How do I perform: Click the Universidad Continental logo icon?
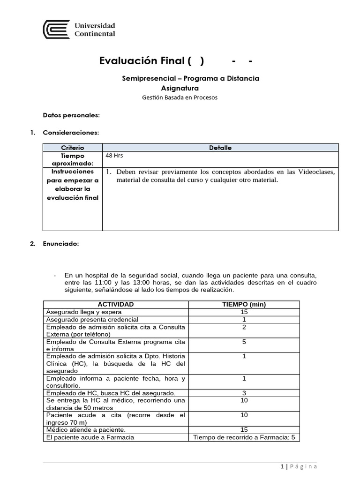56,30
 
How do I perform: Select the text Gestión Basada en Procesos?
180,97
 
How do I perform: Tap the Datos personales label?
71,115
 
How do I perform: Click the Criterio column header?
72,148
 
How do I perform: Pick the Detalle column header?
220,148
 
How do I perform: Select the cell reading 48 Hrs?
115,156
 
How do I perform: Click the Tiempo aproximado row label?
72,159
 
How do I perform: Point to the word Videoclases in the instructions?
316,172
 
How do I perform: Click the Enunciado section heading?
60,244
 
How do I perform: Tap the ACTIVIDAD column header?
115,304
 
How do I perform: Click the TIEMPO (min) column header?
244,304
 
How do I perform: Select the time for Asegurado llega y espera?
244,312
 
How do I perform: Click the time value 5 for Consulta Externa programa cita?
244,342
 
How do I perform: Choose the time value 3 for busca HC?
244,393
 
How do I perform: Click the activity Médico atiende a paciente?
86,429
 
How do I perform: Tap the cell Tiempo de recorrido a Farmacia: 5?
244,437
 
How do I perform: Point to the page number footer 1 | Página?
299,466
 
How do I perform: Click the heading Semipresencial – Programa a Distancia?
190,78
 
